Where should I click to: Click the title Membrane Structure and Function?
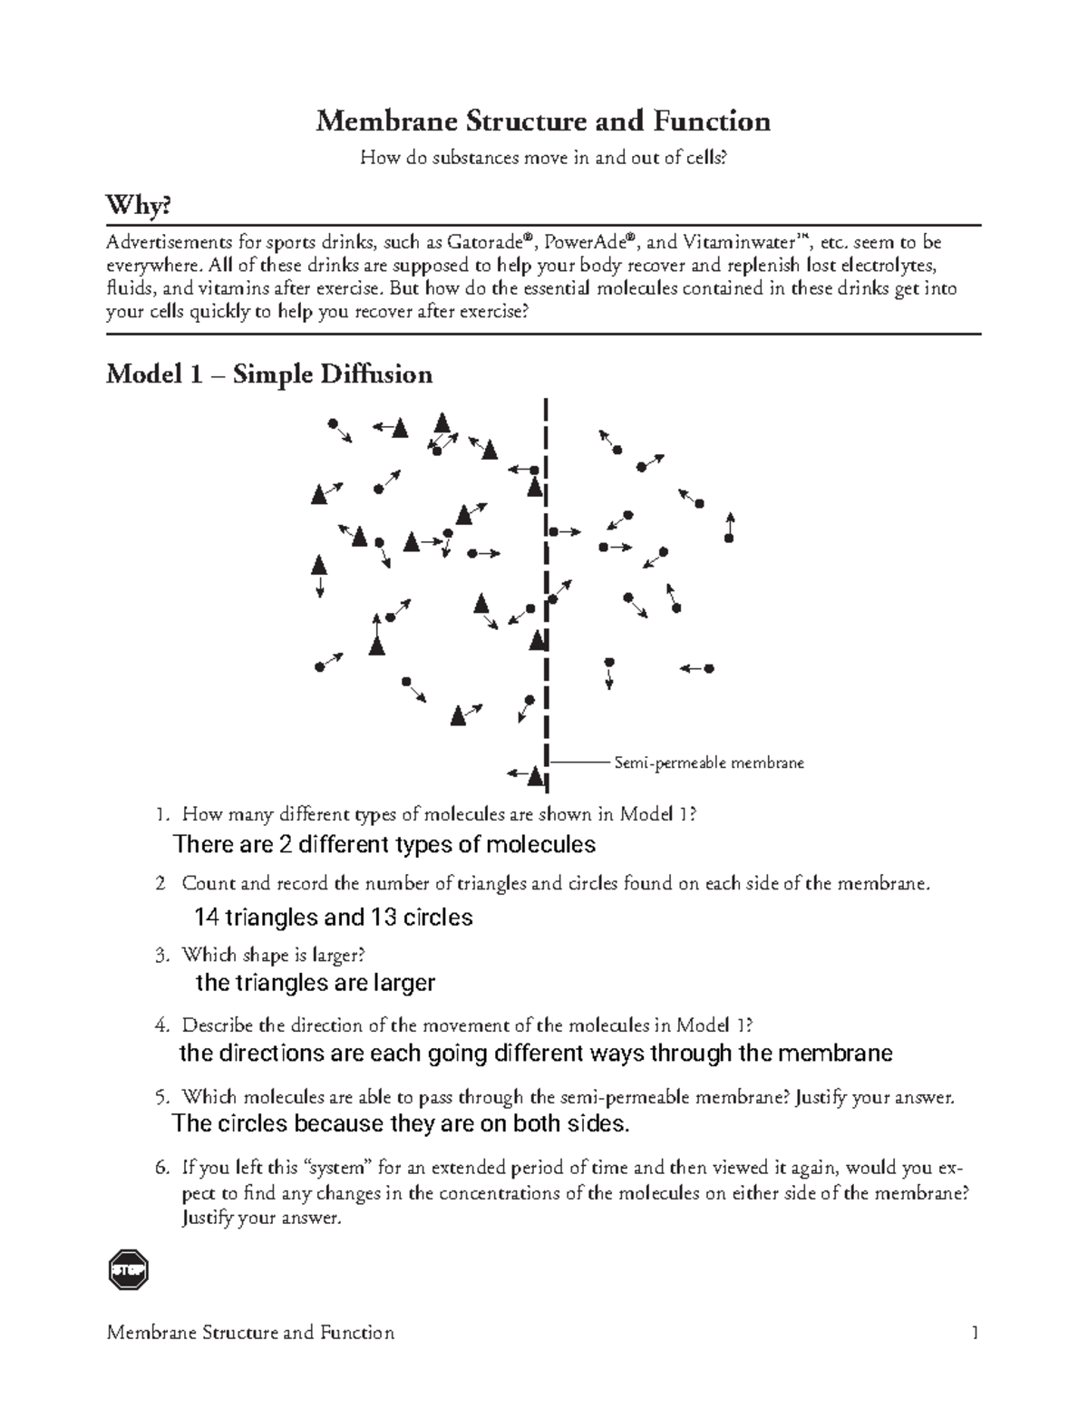tap(543, 121)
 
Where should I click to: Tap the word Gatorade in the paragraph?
tap(485, 242)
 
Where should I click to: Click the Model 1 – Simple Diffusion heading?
tap(269, 374)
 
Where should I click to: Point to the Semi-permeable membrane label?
tap(709, 763)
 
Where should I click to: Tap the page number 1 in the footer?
tap(975, 1333)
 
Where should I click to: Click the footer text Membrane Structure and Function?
tap(250, 1333)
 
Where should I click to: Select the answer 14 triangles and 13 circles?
tap(334, 918)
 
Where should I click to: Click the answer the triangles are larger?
tap(316, 983)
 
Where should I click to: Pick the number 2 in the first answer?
tap(286, 845)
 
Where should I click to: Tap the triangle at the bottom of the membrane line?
tap(536, 776)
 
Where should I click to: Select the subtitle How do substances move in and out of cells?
tap(543, 158)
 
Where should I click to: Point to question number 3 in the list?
tap(161, 955)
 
